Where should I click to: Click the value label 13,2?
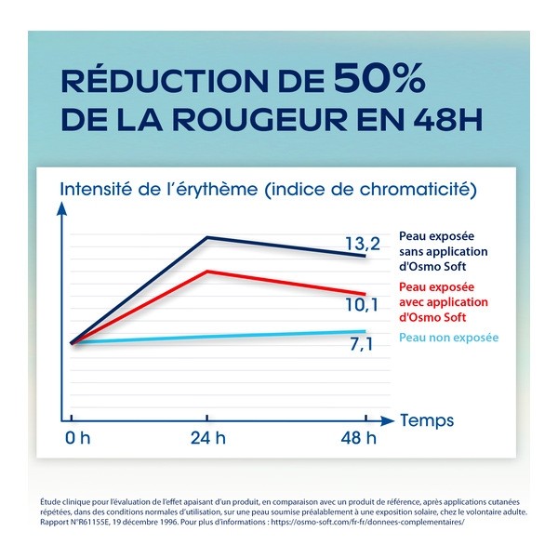(363, 245)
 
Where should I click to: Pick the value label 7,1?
(363, 346)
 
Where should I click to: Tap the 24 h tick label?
(207, 437)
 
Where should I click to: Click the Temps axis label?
(429, 420)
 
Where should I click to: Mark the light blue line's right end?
(365, 331)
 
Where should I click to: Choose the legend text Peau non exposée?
(448, 337)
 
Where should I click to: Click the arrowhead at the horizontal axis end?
(392, 420)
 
